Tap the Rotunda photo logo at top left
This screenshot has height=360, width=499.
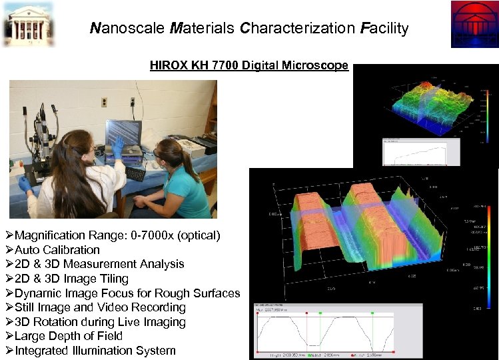click(x=28, y=23)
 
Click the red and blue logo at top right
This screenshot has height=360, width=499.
click(x=473, y=24)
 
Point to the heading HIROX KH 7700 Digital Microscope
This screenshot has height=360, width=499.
click(x=249, y=65)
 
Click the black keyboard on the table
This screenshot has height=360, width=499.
click(x=135, y=174)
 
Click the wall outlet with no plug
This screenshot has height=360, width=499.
click(x=105, y=102)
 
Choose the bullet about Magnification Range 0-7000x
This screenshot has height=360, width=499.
click(x=117, y=235)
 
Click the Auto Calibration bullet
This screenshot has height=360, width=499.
click(x=57, y=250)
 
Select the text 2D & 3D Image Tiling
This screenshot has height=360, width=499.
click(x=71, y=279)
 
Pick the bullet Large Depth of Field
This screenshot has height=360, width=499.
click(x=69, y=336)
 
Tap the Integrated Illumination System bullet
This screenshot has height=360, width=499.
click(x=95, y=351)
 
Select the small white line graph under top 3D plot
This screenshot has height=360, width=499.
click(x=420, y=152)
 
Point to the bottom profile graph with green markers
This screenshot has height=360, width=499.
click(x=336, y=331)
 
